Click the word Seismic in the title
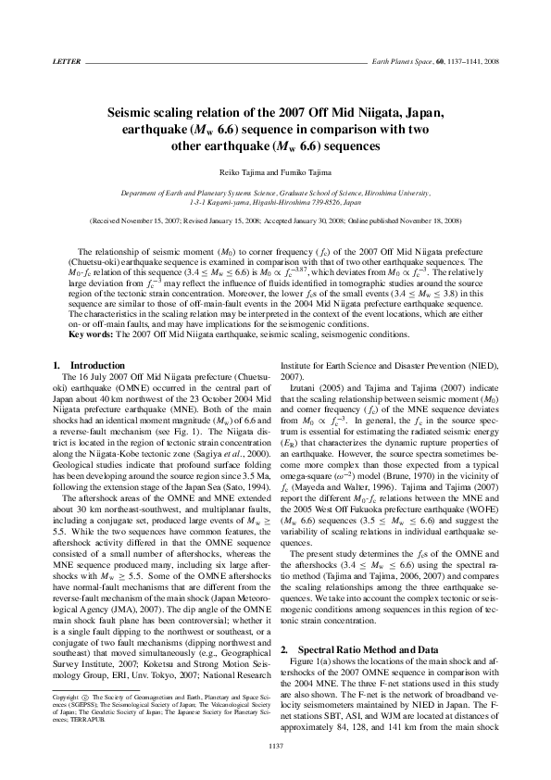tap(136, 113)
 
